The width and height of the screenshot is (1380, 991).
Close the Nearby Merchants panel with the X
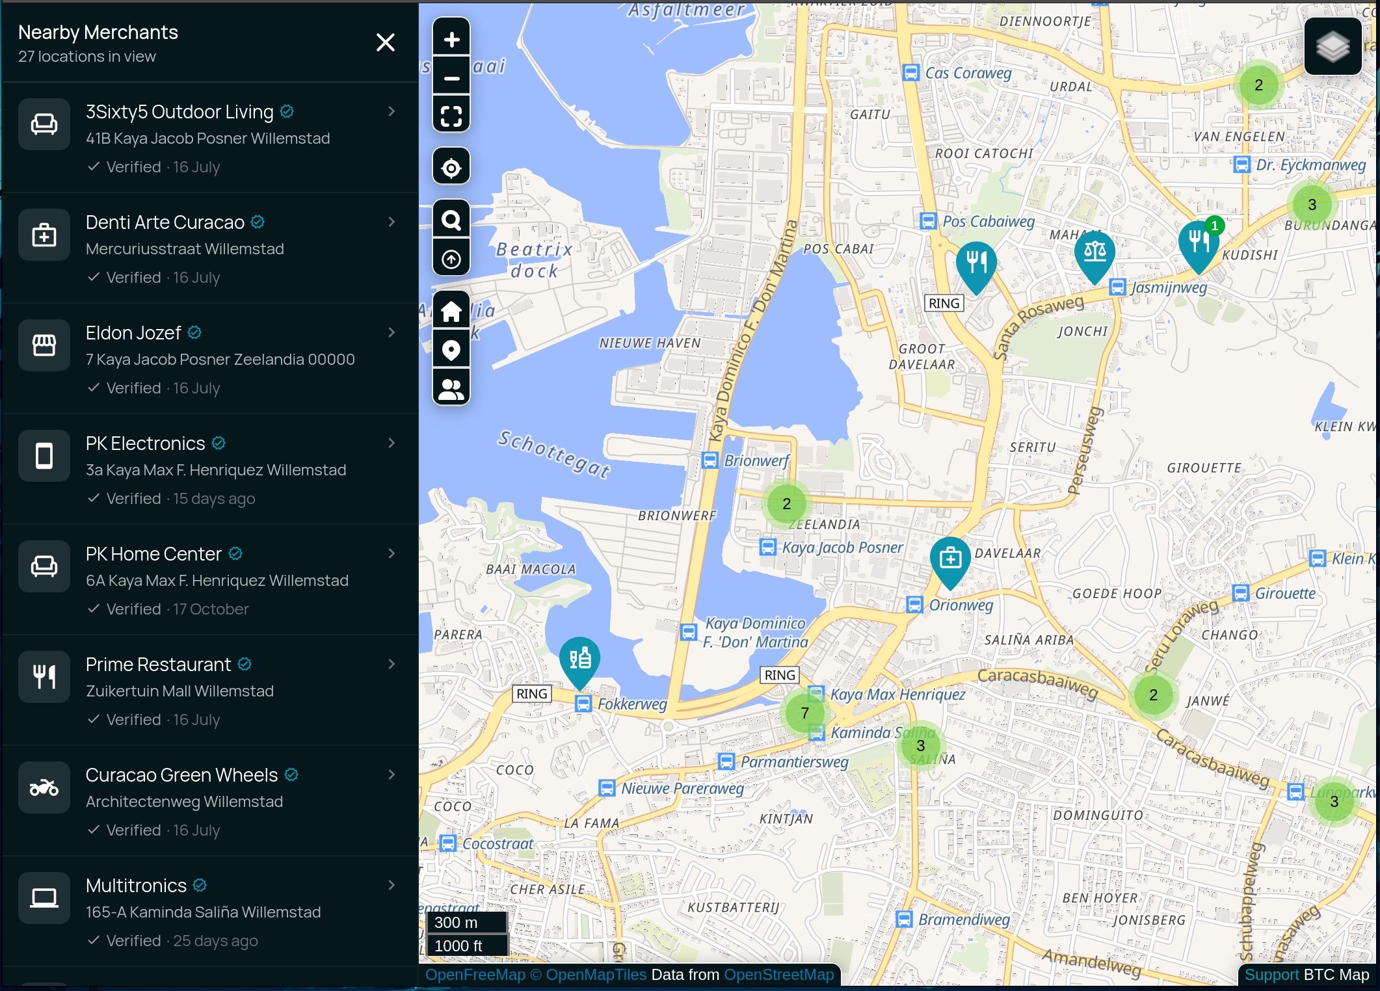(386, 43)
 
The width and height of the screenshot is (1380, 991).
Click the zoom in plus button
(451, 40)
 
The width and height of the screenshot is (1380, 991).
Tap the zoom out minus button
(451, 79)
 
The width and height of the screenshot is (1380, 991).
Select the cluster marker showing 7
(805, 713)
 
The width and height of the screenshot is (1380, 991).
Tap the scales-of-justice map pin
(1095, 252)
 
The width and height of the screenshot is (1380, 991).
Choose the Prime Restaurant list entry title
(158, 665)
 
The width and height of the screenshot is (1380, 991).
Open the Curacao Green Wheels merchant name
(181, 775)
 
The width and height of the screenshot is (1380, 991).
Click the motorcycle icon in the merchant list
(44, 787)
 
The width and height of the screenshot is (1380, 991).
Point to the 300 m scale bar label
(457, 923)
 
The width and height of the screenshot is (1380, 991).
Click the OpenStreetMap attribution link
(778, 975)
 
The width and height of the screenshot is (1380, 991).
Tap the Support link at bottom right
(1271, 975)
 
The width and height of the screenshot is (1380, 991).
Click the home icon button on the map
(451, 312)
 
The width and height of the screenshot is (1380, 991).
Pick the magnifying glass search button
(451, 220)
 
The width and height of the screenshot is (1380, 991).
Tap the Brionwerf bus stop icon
(710, 460)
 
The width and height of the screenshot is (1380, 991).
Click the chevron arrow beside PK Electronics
(391, 443)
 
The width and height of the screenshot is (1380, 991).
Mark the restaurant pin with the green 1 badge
(1198, 243)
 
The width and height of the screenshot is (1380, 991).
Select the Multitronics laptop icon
(44, 898)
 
